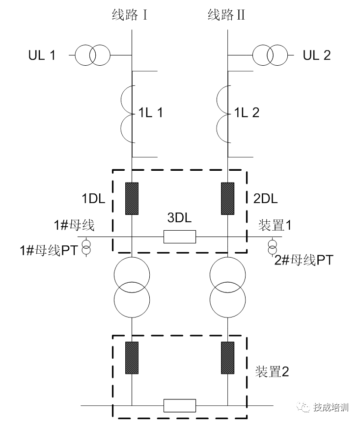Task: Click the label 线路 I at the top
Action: [130, 15]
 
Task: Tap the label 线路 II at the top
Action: [226, 15]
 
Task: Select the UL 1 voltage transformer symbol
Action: [93, 55]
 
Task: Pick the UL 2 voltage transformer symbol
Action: [270, 55]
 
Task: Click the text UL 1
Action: [42, 55]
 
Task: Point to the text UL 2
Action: [316, 55]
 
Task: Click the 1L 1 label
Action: [150, 112]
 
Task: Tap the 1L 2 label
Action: [247, 112]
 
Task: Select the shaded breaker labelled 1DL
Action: [132, 199]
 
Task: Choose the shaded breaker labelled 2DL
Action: [228, 199]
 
